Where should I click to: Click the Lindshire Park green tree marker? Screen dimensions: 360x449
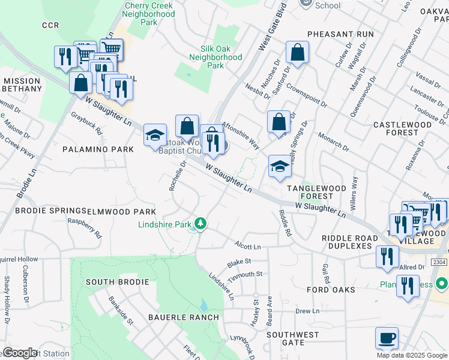click(x=200, y=224)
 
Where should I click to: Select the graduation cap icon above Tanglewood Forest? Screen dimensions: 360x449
click(x=280, y=167)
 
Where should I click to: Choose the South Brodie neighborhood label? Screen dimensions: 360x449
click(x=117, y=282)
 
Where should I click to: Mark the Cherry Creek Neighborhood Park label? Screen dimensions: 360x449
click(x=148, y=14)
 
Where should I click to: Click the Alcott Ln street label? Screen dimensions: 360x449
click(x=248, y=245)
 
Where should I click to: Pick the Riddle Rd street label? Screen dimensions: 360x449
click(x=285, y=223)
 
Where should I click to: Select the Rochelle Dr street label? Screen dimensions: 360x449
click(x=175, y=176)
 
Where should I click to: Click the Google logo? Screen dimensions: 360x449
click(x=19, y=353)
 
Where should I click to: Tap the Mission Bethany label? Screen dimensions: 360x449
click(x=22, y=85)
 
